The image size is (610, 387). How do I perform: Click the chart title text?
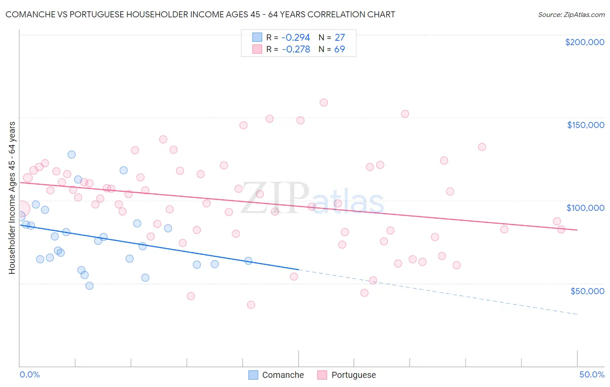click(200, 14)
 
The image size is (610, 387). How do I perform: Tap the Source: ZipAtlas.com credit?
click(571, 14)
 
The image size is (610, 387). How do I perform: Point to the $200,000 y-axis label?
click(584, 42)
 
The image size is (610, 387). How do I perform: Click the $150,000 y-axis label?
click(585, 125)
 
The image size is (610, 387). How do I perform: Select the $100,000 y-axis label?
click(585, 208)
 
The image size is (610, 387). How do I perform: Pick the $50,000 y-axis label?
click(587, 291)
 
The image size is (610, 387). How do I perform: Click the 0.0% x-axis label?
click(30, 374)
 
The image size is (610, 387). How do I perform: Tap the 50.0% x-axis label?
click(591, 374)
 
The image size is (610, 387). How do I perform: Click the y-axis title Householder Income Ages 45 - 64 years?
click(12, 198)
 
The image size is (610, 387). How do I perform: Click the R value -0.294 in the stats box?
click(296, 38)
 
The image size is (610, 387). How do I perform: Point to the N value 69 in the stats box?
click(339, 49)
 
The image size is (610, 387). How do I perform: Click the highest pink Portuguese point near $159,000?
click(324, 103)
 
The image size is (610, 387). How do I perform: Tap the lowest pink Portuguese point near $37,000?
click(251, 305)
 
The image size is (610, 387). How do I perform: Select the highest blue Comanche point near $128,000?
click(72, 154)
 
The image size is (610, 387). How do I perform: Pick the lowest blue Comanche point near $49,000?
click(89, 285)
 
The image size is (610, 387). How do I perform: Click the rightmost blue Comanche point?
click(248, 261)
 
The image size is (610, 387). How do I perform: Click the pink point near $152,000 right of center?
click(405, 114)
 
